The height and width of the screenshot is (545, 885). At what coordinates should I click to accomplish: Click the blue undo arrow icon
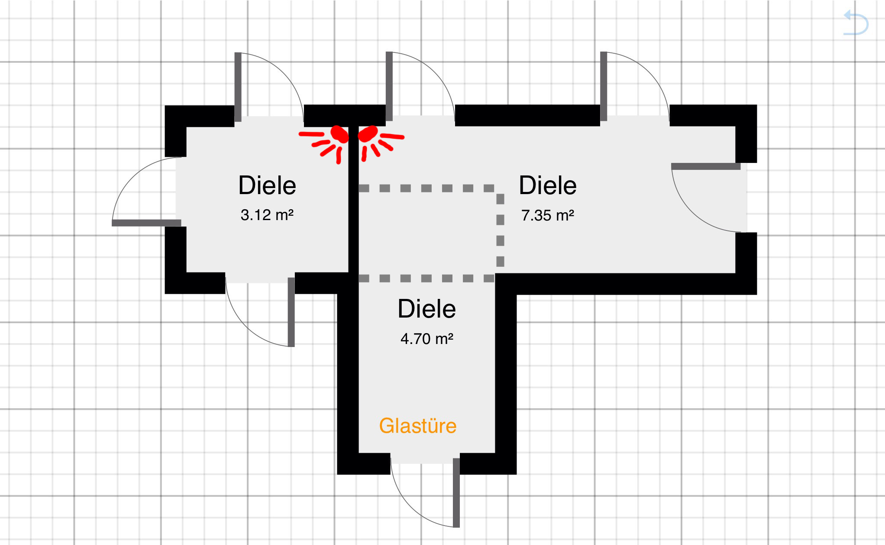coord(856,23)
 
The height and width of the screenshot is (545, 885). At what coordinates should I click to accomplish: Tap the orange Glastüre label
coord(418,426)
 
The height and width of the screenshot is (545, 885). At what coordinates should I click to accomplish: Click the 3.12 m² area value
coord(267,215)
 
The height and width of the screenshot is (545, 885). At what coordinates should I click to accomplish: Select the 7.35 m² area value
coord(548,215)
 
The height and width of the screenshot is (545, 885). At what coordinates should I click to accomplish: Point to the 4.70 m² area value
coord(427,338)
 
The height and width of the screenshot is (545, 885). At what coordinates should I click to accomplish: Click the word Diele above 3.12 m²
coord(267,185)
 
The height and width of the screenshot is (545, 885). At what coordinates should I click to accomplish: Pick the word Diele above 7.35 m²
coord(548,185)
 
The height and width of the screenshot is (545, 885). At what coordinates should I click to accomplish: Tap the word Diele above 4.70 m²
coord(427,309)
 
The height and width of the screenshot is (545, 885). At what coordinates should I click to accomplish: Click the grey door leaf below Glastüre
coord(456,493)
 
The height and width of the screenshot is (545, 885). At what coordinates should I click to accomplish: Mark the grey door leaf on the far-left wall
coord(146,223)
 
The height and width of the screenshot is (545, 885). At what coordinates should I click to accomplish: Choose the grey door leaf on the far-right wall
coord(706,166)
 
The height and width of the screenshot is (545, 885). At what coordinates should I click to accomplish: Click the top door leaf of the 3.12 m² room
coord(238,87)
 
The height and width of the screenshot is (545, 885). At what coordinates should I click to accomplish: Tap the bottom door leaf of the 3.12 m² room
coord(291,312)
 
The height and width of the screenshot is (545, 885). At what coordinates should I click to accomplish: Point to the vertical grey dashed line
coord(500,230)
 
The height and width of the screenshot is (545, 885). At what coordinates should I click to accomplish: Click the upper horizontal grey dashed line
coord(426,188)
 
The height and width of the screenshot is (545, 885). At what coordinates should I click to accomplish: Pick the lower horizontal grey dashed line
coord(426,278)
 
